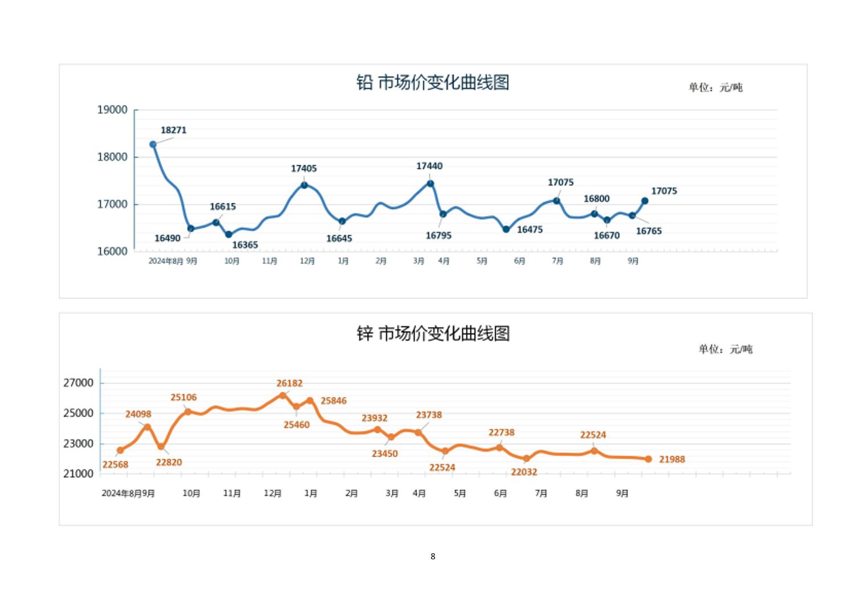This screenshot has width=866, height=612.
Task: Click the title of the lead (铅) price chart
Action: point(432,83)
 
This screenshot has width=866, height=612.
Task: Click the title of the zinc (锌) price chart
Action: point(433,333)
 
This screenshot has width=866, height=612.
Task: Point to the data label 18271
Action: point(173,130)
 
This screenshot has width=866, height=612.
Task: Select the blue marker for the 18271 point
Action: point(153,145)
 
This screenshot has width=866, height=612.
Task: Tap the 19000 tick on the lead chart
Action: point(112,110)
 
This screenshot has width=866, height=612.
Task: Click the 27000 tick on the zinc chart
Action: point(78,383)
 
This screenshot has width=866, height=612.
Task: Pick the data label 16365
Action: point(245,245)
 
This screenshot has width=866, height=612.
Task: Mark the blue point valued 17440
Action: point(430,183)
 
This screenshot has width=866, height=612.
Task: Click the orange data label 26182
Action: point(289,383)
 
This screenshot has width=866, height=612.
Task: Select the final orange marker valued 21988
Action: point(648,459)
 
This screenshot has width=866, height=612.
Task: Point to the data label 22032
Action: point(524,472)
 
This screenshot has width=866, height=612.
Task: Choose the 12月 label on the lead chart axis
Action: point(307,261)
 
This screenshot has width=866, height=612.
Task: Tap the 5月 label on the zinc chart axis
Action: point(460,493)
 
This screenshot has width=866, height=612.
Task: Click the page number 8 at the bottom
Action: point(433,556)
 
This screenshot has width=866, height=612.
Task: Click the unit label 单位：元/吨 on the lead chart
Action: point(715,87)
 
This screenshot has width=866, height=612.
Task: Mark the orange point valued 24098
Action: point(148,427)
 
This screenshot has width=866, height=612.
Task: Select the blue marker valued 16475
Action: point(506,229)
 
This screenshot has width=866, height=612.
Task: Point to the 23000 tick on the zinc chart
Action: point(78,443)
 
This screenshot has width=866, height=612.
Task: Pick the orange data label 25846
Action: point(333,401)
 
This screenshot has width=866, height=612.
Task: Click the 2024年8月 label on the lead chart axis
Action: point(166,261)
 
